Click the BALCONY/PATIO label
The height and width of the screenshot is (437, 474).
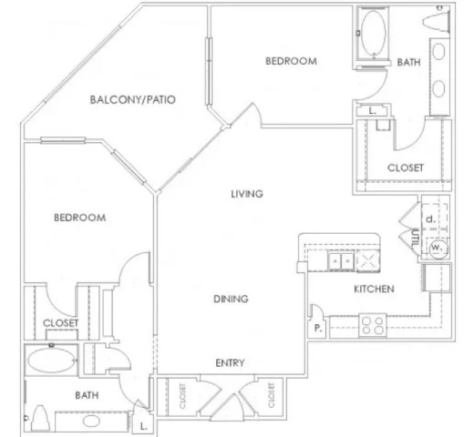133,99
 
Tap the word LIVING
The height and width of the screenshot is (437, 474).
247,194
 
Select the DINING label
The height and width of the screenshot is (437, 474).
231,299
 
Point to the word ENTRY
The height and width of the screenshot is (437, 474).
230,362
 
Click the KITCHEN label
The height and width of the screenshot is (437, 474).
374,289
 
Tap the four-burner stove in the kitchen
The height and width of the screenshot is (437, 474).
373,326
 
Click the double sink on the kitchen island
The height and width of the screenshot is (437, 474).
341,260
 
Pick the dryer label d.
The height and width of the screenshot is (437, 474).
431,219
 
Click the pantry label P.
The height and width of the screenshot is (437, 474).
318,328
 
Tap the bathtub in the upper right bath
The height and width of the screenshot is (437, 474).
374,33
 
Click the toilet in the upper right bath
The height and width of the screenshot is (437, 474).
437,22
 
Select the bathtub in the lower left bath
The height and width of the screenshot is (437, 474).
51,361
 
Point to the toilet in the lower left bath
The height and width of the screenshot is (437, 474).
40,418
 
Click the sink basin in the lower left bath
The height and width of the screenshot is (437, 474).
91,421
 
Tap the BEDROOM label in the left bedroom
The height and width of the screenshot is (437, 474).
80,218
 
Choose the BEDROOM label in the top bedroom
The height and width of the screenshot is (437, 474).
291,61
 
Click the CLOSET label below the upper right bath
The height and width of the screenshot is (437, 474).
406,168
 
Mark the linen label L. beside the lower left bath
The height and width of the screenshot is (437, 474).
144,426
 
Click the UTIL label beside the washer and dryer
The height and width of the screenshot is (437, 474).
415,238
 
